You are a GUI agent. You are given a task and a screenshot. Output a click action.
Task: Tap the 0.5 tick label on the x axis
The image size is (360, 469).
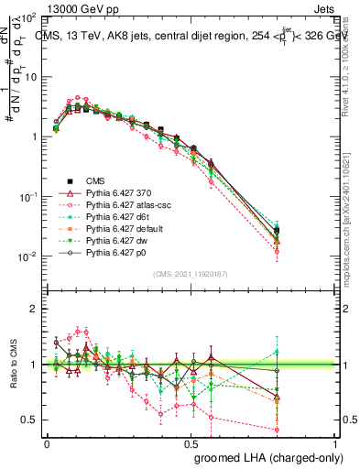191,442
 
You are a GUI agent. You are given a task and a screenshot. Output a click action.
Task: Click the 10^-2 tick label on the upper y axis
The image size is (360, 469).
27,256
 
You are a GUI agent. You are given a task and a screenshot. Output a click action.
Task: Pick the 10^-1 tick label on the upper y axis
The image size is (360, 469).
27,196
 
